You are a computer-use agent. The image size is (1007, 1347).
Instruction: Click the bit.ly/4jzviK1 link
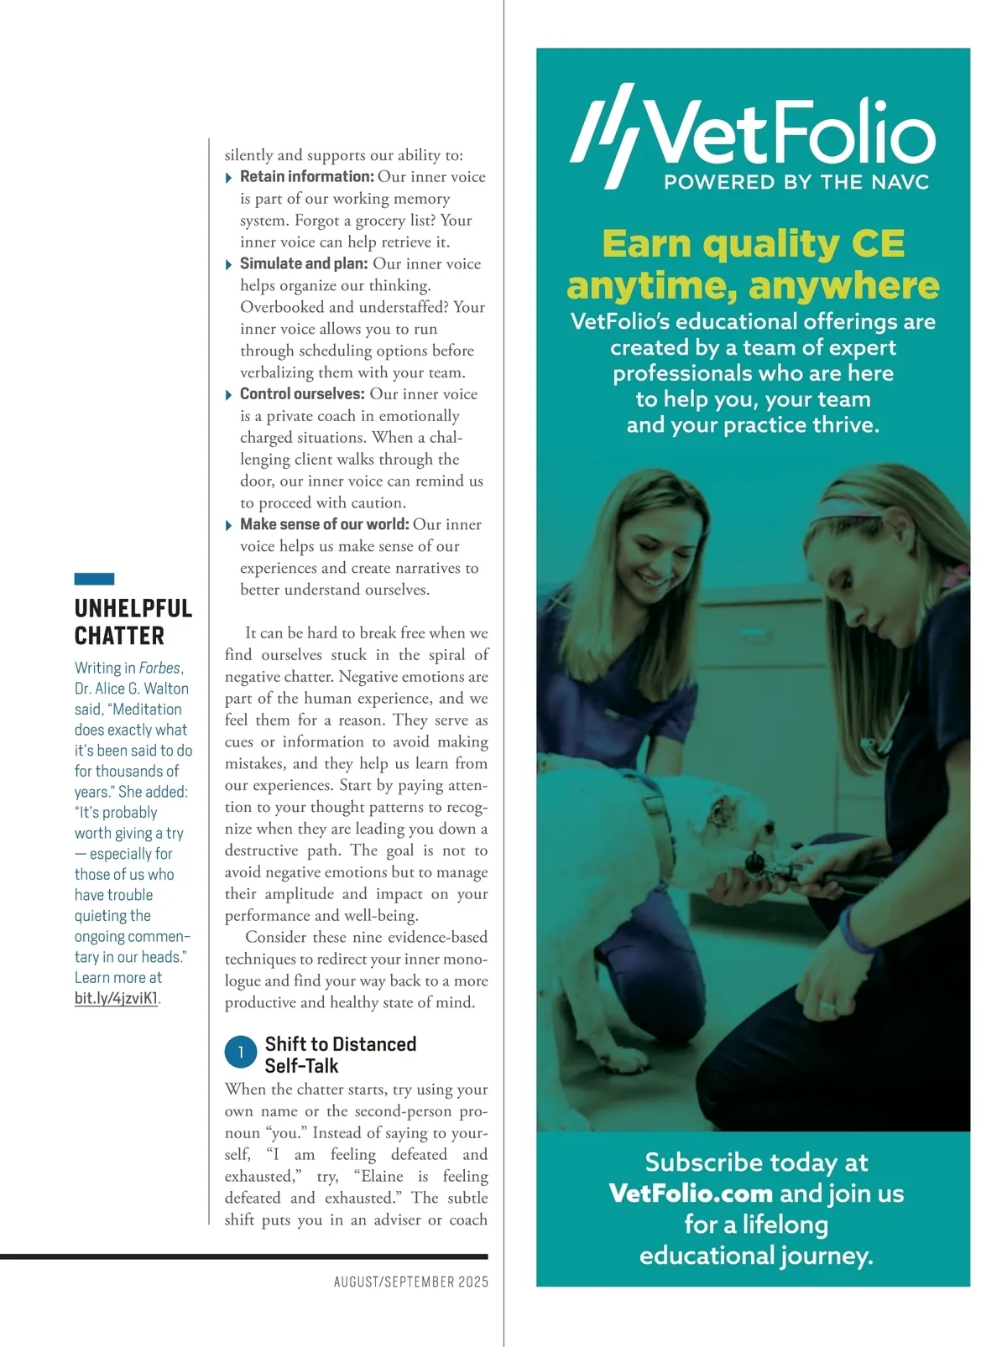pyautogui.click(x=116, y=998)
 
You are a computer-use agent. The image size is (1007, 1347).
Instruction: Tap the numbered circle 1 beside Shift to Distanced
pyautogui.click(x=241, y=1053)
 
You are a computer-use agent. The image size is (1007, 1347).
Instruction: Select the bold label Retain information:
pyautogui.click(x=306, y=177)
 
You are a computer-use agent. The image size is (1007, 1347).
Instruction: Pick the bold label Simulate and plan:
pyautogui.click(x=304, y=263)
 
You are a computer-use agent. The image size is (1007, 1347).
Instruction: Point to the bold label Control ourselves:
pyautogui.click(x=302, y=394)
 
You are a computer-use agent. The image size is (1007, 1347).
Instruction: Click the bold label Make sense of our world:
pyautogui.click(x=324, y=524)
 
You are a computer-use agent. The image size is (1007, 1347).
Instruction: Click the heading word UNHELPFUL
pyautogui.click(x=133, y=608)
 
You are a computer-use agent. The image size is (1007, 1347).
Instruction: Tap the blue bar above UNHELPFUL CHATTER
pyautogui.click(x=94, y=579)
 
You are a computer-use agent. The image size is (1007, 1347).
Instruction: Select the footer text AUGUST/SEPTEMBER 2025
pyautogui.click(x=410, y=1282)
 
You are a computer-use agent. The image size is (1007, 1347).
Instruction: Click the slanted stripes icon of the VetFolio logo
pyautogui.click(x=606, y=134)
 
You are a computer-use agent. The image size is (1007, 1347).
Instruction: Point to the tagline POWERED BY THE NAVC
pyautogui.click(x=796, y=183)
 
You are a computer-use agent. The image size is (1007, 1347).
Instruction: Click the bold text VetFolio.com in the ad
pyautogui.click(x=691, y=1193)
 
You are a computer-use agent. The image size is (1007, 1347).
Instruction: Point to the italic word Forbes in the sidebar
pyautogui.click(x=159, y=668)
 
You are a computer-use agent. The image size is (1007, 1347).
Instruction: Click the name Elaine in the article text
pyautogui.click(x=382, y=1176)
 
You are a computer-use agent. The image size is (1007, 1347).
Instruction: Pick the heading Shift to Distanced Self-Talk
pyautogui.click(x=340, y=1055)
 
